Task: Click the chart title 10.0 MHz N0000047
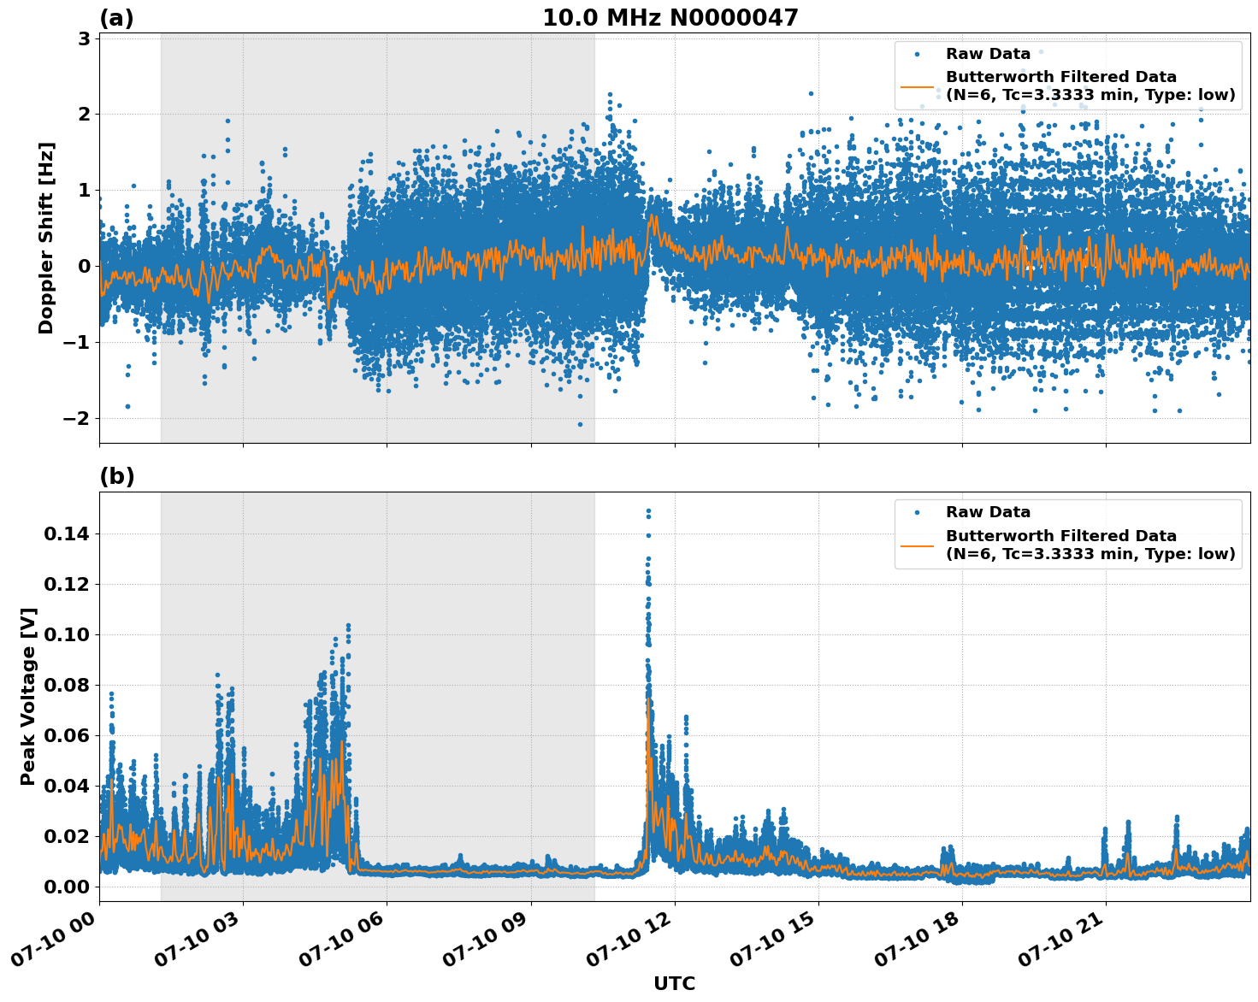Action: (x=670, y=18)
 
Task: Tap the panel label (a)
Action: (x=116, y=18)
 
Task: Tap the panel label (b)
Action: (x=116, y=476)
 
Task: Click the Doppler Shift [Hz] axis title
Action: (x=46, y=238)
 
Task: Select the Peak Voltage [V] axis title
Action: (x=28, y=696)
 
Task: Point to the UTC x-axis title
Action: (x=674, y=983)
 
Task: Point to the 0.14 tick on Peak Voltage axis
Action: (x=66, y=534)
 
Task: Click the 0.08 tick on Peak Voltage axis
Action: (x=66, y=685)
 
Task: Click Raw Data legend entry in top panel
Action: (x=988, y=54)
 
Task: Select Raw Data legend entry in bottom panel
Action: (x=988, y=512)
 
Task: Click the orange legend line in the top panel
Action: (x=917, y=86)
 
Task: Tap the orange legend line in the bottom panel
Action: (x=917, y=545)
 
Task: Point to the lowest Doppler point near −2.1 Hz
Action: (x=580, y=424)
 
